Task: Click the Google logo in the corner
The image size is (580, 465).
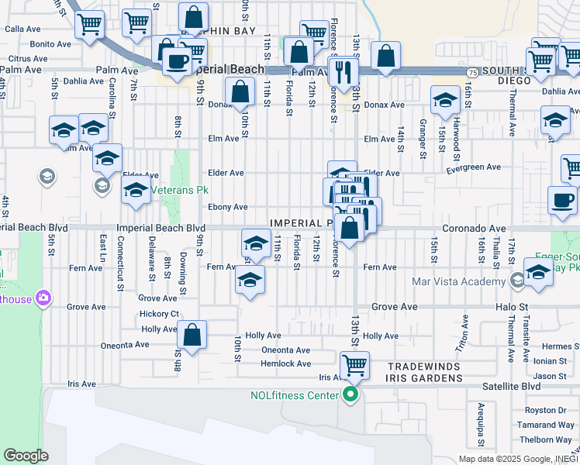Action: (26, 455)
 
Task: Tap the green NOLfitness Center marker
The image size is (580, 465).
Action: (350, 395)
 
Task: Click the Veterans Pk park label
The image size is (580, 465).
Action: (180, 190)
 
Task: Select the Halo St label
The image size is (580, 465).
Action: (512, 307)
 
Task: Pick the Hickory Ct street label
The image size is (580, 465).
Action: (159, 314)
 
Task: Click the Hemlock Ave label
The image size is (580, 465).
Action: (285, 363)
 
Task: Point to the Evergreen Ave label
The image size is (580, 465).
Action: (475, 167)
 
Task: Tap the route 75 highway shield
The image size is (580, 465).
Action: (472, 71)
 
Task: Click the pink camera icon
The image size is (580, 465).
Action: (43, 298)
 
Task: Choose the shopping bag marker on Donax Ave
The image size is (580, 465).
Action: (241, 91)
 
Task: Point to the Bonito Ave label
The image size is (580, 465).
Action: (50, 45)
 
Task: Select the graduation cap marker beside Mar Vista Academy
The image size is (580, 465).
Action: (537, 272)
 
